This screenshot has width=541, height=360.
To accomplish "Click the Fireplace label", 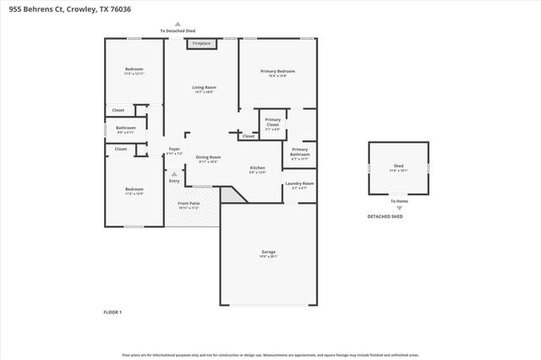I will [201, 43].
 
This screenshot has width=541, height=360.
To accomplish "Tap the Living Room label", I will [205, 87].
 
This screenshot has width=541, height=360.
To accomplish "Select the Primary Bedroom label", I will [280, 71].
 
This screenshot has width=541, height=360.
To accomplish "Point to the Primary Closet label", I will [272, 122].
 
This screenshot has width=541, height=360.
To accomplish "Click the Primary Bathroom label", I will [300, 152].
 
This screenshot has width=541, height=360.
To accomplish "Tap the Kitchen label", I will [257, 167].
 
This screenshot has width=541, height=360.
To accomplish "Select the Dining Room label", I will [208, 157].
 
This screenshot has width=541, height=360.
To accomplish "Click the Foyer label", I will [174, 150].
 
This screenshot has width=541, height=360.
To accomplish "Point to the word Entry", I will [174, 181].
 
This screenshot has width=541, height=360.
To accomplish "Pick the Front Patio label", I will [188, 204].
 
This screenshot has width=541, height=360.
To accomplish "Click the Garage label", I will [268, 252].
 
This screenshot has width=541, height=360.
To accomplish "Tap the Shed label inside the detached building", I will [397, 166].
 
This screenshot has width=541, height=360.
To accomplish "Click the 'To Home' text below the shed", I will [398, 200].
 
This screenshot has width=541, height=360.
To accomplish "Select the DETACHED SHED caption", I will [385, 216].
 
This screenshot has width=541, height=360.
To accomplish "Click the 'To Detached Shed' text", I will [177, 31].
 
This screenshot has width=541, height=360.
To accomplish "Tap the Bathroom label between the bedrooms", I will [125, 128].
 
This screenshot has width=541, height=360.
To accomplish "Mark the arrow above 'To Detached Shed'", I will [177, 25].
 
